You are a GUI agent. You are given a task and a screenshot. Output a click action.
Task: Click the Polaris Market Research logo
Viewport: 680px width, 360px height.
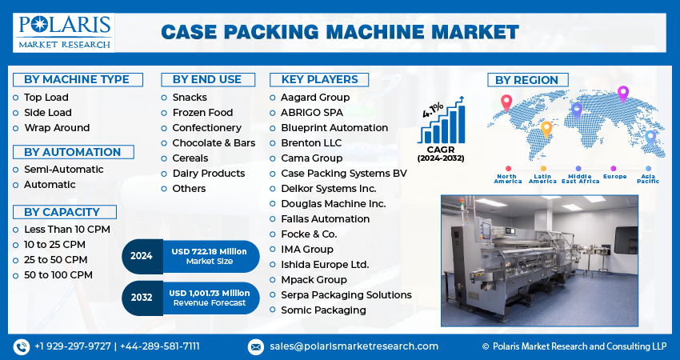(x=64, y=31)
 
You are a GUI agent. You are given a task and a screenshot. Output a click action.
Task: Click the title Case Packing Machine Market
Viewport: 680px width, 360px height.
(x=340, y=32)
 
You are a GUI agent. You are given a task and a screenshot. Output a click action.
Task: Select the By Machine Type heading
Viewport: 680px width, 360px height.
(x=77, y=79)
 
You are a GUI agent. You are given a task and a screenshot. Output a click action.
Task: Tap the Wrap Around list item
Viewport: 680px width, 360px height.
(x=57, y=127)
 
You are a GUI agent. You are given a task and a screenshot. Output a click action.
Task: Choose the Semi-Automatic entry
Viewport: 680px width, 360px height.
(x=64, y=169)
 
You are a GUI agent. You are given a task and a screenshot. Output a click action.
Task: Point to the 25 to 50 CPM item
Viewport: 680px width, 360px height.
(x=56, y=259)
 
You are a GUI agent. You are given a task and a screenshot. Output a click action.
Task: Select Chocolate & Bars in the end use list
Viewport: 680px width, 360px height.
(x=214, y=142)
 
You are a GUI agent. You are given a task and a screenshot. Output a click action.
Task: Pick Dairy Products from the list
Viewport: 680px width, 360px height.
(x=209, y=173)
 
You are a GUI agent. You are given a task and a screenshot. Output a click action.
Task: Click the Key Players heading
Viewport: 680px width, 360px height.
(x=319, y=79)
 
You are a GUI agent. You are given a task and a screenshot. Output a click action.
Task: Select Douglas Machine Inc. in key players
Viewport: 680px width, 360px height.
(x=334, y=203)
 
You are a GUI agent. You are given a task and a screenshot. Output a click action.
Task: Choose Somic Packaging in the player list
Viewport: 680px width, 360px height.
(x=323, y=310)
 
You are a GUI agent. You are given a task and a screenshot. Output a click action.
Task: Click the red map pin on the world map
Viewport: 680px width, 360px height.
(x=506, y=102)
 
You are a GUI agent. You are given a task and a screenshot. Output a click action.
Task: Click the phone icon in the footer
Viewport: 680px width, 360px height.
(x=22, y=346)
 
